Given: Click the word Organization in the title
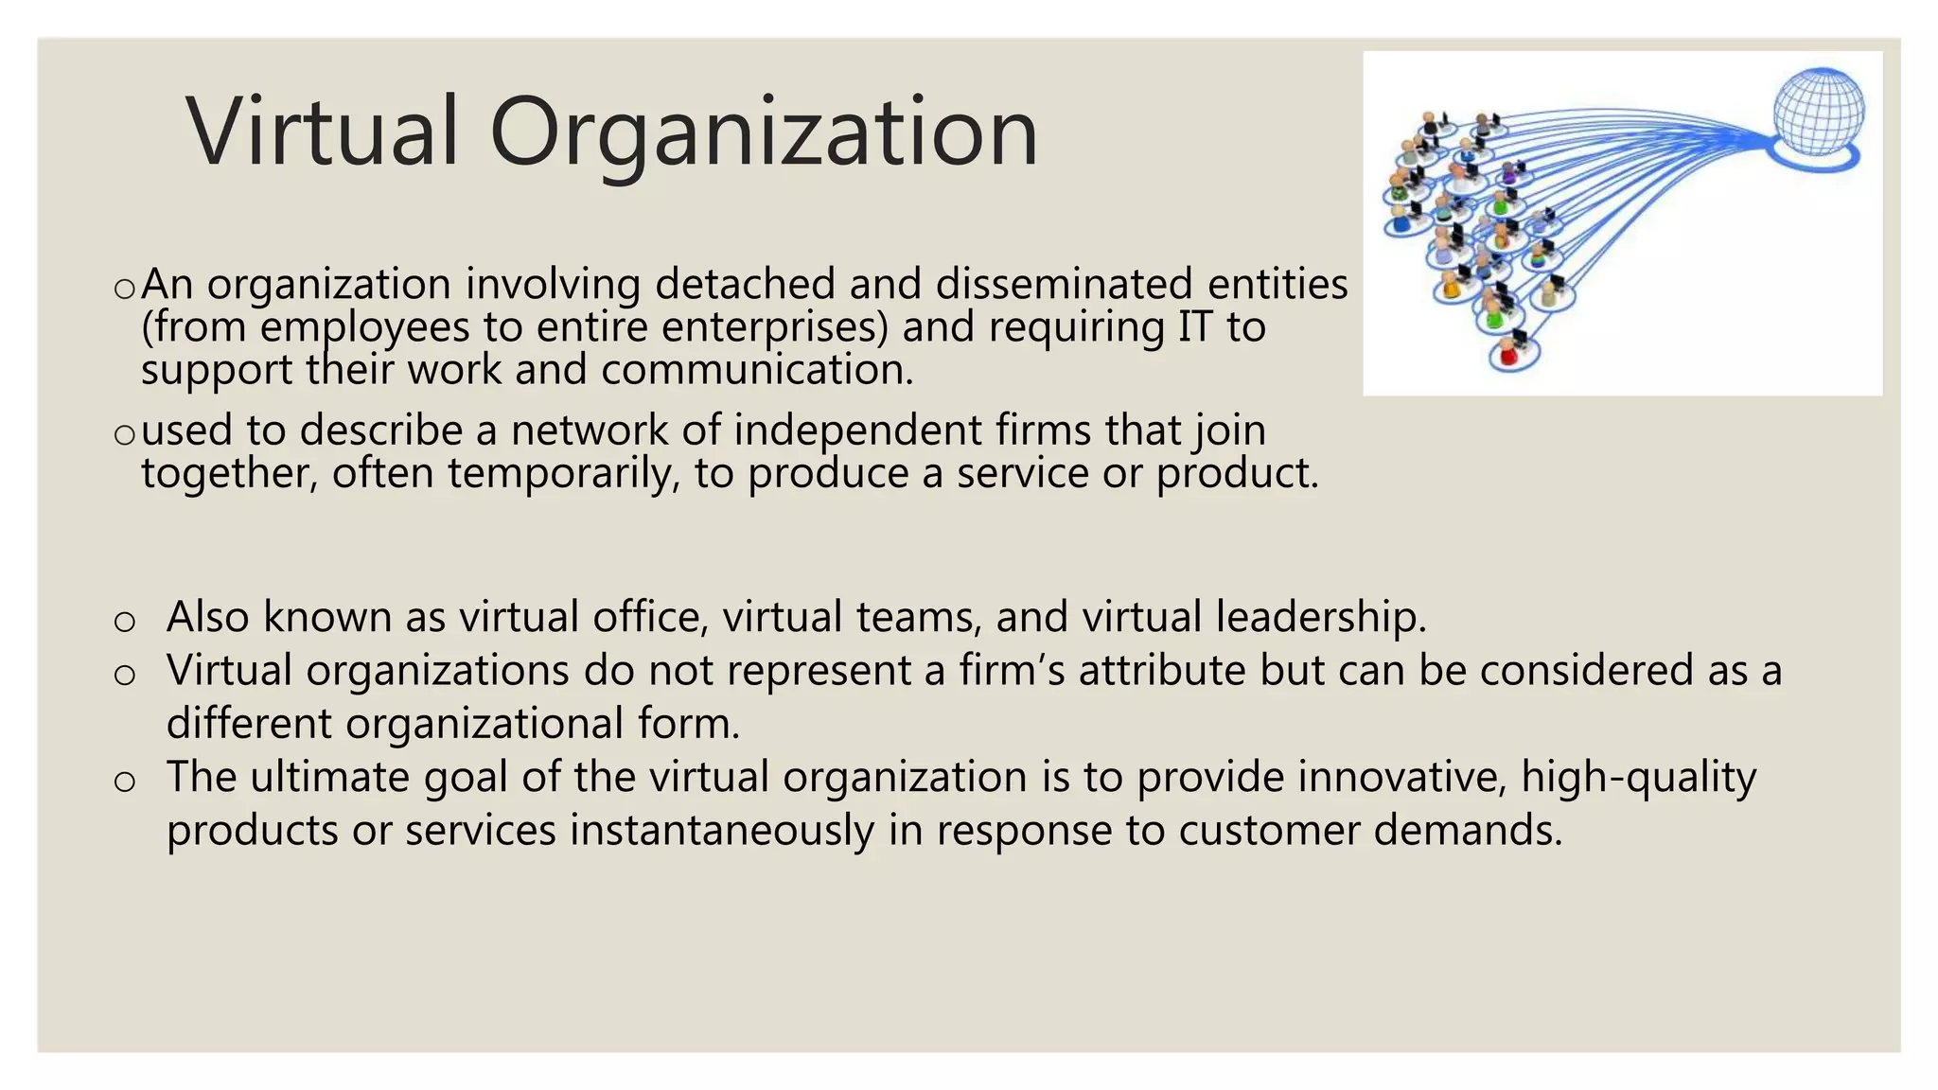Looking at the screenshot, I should [763, 132].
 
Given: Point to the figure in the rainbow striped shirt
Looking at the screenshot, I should [1540, 255].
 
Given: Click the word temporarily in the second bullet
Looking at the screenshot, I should [563, 473].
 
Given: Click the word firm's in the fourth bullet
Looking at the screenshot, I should [1012, 670].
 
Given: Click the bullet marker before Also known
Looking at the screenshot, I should [124, 621].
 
